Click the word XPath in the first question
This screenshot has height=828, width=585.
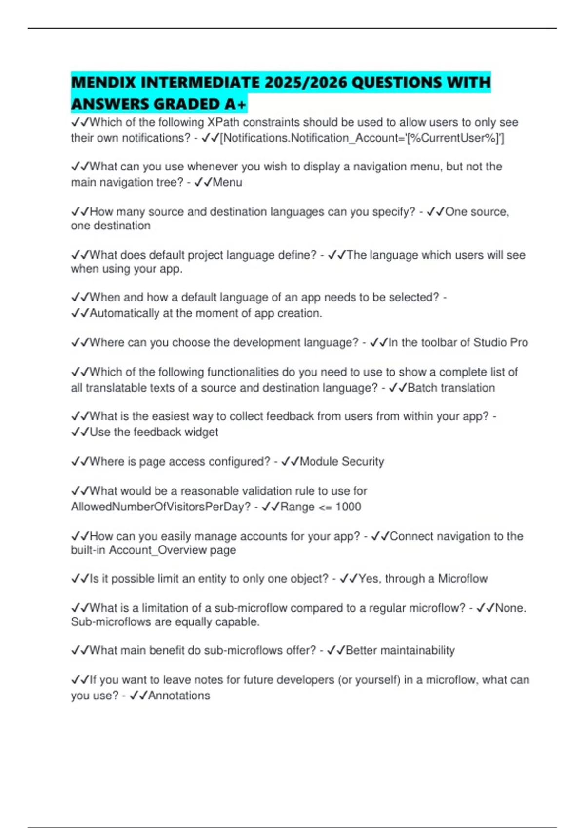point(223,122)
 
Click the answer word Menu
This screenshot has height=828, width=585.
point(227,182)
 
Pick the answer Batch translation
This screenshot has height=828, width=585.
point(451,388)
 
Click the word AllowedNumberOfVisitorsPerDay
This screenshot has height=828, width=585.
point(160,507)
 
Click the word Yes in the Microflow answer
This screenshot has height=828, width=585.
point(368,579)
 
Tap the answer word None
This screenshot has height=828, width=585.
point(510,608)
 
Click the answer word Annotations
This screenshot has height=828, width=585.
point(179,696)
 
